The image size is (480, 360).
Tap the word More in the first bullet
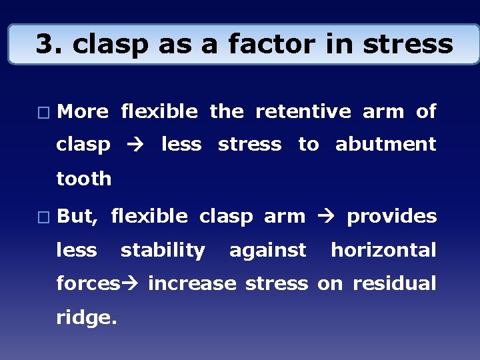coord(83,112)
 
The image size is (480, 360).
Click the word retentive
coord(303,112)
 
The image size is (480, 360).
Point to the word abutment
coord(386,144)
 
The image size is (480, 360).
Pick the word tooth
coord(84,179)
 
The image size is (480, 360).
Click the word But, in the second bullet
coord(79,216)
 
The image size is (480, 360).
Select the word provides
coord(392,217)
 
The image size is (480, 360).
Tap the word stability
coord(163,250)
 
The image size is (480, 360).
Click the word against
coord(268,251)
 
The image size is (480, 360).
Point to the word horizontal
coord(384,250)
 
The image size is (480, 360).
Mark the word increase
coord(192,284)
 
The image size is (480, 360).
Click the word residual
coord(395,284)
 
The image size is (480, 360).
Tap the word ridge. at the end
coord(87,319)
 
